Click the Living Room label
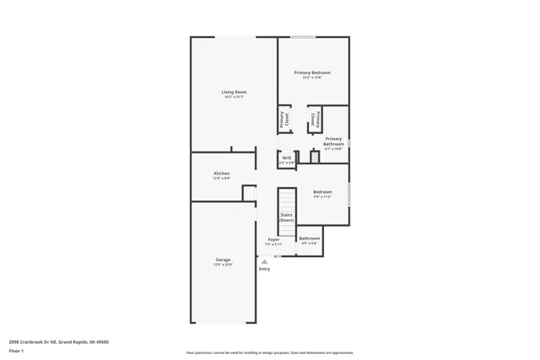(234, 92)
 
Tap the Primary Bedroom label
(311, 73)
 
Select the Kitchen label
(221, 173)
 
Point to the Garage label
(223, 259)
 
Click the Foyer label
(273, 239)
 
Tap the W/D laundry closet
(287, 159)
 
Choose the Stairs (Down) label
(287, 217)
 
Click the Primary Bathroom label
(333, 141)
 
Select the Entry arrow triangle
(264, 261)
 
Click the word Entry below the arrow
(264, 269)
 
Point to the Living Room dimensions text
(234, 98)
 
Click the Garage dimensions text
(223, 265)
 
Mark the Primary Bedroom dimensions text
(311, 78)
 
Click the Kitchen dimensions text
(221, 179)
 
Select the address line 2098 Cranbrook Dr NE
(58, 341)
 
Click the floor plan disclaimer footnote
(269, 352)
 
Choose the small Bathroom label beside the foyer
(309, 238)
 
